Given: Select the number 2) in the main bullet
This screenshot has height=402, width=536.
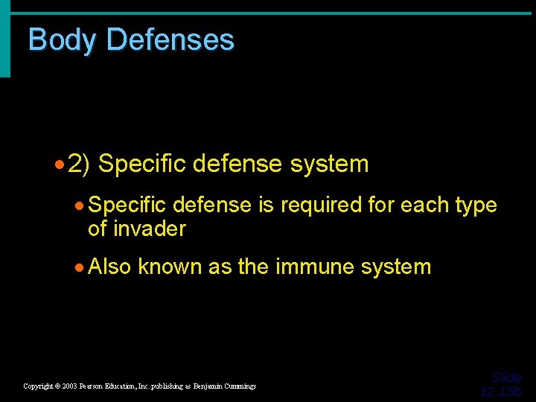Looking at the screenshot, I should [78, 164].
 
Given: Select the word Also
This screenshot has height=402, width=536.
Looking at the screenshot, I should [109, 267].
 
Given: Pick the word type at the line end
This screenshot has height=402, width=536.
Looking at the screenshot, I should [475, 205].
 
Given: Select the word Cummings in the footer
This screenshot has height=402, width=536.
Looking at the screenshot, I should [238, 386].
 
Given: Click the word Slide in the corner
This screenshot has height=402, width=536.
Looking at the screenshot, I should [506, 378].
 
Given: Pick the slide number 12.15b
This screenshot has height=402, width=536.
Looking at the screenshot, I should [500, 392].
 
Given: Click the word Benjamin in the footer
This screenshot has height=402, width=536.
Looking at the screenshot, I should [201, 386].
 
